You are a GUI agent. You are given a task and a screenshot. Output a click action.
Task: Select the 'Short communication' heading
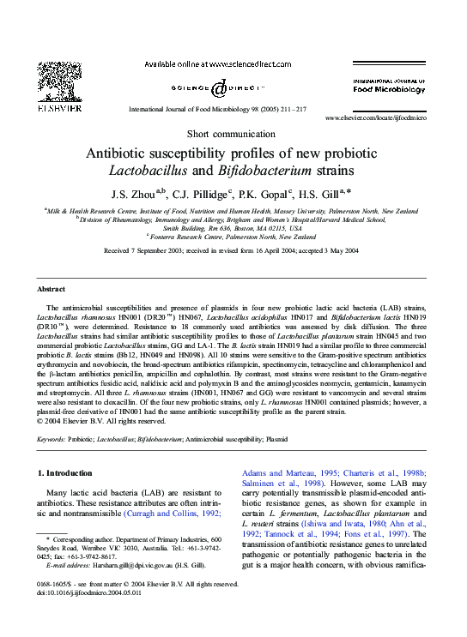(232, 135)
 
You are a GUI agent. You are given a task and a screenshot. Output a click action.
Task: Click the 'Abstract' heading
(52, 290)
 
